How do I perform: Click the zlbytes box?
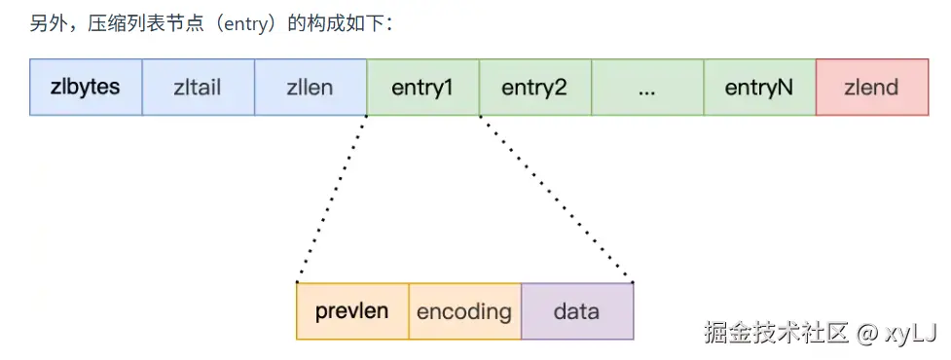point(86,88)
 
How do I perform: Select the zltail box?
point(199,88)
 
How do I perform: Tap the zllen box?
point(311,88)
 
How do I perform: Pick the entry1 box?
point(422,88)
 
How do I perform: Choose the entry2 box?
point(535,88)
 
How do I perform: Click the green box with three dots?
point(647,88)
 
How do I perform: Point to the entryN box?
point(759,88)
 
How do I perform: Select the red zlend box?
point(872,88)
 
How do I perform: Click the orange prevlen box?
point(352,311)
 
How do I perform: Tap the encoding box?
point(465,311)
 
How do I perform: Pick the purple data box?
point(577,311)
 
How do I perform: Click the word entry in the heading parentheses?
point(242,26)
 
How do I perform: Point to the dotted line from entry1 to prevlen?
point(332,198)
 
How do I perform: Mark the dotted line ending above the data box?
point(556,198)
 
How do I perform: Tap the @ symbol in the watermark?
point(866,332)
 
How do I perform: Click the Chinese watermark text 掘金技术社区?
point(776,332)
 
